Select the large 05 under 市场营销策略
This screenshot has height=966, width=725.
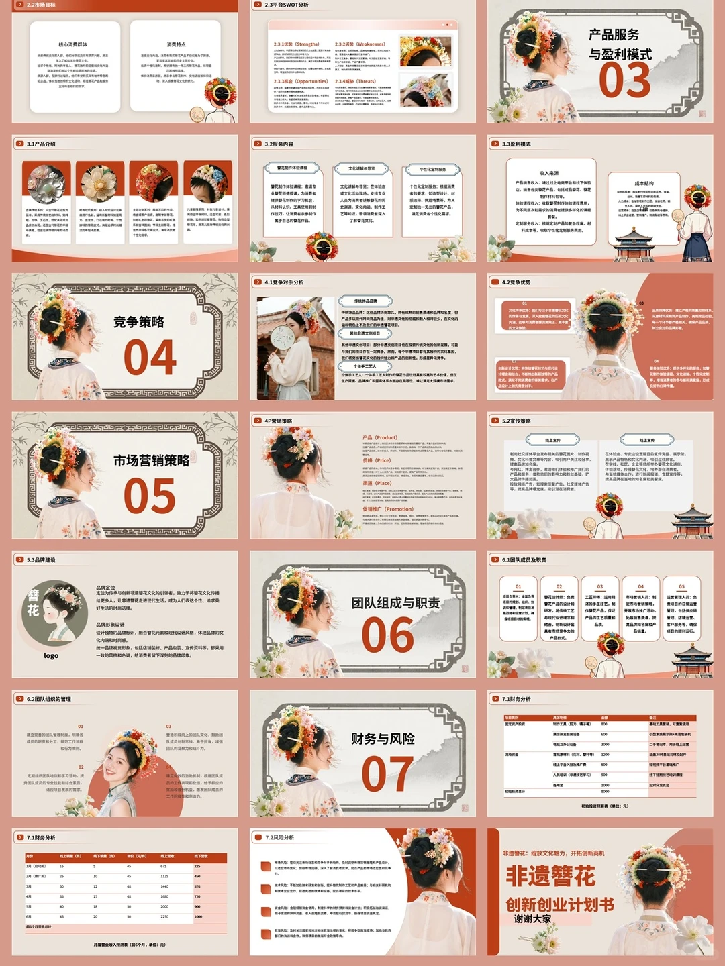tap(150, 496)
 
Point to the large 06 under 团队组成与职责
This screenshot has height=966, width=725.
tap(387, 635)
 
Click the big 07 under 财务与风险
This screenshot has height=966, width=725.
tap(387, 773)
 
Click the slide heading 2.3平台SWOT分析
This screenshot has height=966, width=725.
tap(287, 5)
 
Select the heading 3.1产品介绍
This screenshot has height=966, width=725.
tap(41, 144)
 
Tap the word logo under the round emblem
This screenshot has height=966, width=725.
tap(51, 655)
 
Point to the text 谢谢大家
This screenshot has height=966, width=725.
tap(532, 918)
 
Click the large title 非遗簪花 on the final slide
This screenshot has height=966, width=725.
tap(550, 876)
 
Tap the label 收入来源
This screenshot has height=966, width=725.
tap(548, 173)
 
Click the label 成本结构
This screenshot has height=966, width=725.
tap(644, 182)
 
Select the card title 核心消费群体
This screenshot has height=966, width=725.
tap(72, 44)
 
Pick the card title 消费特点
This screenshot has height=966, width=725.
tap(176, 44)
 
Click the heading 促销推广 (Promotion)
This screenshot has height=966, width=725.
tap(388, 509)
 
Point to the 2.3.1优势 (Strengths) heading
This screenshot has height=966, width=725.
tap(297, 44)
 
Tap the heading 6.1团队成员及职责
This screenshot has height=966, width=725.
tap(524, 559)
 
